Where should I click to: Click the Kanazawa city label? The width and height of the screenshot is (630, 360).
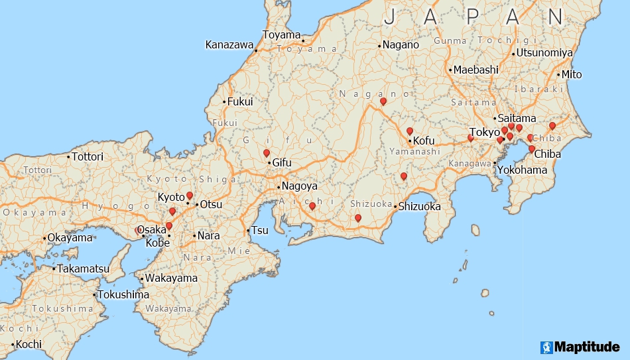(x=229, y=45)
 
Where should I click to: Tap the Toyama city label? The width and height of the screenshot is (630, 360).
(x=281, y=34)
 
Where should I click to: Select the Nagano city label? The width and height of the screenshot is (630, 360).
(x=401, y=45)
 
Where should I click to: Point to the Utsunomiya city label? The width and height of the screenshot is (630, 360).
(x=544, y=52)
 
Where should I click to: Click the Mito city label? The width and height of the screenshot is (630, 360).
(x=572, y=74)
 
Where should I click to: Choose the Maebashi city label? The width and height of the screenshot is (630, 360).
(x=475, y=70)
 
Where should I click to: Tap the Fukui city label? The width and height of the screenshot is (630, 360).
(x=240, y=102)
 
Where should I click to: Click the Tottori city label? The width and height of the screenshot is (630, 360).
(x=88, y=157)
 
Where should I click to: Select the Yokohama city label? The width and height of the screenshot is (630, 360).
(x=523, y=170)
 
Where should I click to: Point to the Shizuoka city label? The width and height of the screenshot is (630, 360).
(x=419, y=206)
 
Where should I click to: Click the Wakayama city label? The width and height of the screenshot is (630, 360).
(x=171, y=278)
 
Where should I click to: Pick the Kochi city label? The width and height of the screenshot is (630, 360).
(x=29, y=344)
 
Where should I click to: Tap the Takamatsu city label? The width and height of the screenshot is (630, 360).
(x=83, y=269)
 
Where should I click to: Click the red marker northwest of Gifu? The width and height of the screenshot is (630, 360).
(x=267, y=153)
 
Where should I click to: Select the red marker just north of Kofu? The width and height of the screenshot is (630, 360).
(x=410, y=131)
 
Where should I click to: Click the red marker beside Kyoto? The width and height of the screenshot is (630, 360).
(x=190, y=196)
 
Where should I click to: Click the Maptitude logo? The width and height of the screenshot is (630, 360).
(x=580, y=347)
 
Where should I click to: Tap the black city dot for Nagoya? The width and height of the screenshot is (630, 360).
(x=279, y=186)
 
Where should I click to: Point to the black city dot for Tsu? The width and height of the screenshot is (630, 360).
(x=248, y=231)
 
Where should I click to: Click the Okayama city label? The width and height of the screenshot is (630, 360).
(x=70, y=237)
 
